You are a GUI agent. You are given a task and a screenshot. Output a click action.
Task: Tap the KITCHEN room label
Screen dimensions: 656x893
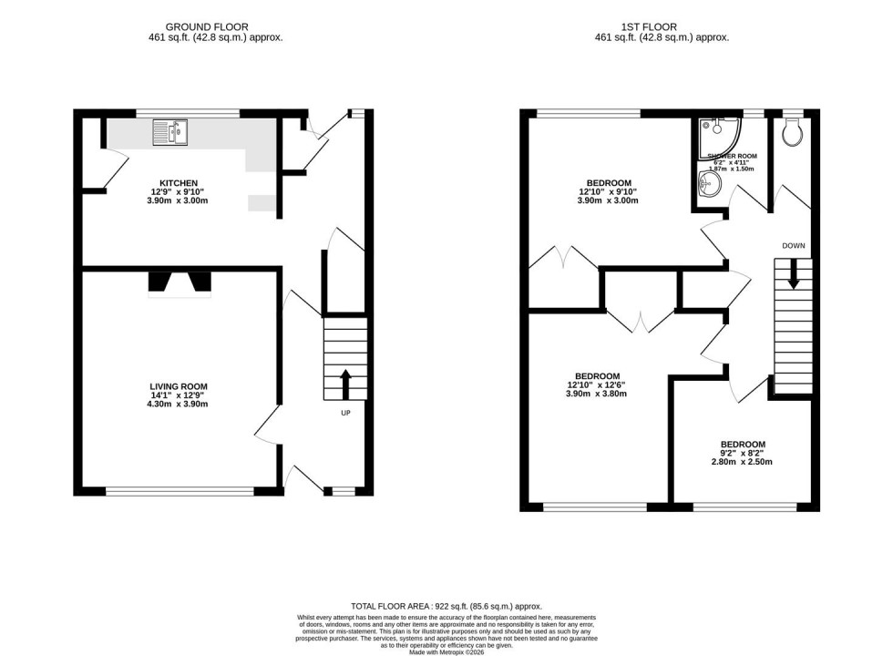(173, 183)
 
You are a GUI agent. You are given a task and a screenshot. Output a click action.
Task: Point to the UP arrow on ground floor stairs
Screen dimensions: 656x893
(345, 382)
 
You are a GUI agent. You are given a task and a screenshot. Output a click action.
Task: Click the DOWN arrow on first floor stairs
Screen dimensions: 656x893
(793, 273)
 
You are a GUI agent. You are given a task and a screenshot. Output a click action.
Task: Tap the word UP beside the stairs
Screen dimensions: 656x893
(345, 413)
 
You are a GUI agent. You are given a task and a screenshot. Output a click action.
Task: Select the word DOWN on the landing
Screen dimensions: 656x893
(793, 246)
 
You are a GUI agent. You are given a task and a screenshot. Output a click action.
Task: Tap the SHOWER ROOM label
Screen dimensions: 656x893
(732, 156)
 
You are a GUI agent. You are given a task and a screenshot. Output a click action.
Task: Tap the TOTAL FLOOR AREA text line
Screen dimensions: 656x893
(446, 606)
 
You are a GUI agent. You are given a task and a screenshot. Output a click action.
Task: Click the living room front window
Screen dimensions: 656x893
(180, 492)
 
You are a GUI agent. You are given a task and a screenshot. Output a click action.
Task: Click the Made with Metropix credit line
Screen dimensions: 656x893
(446, 651)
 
